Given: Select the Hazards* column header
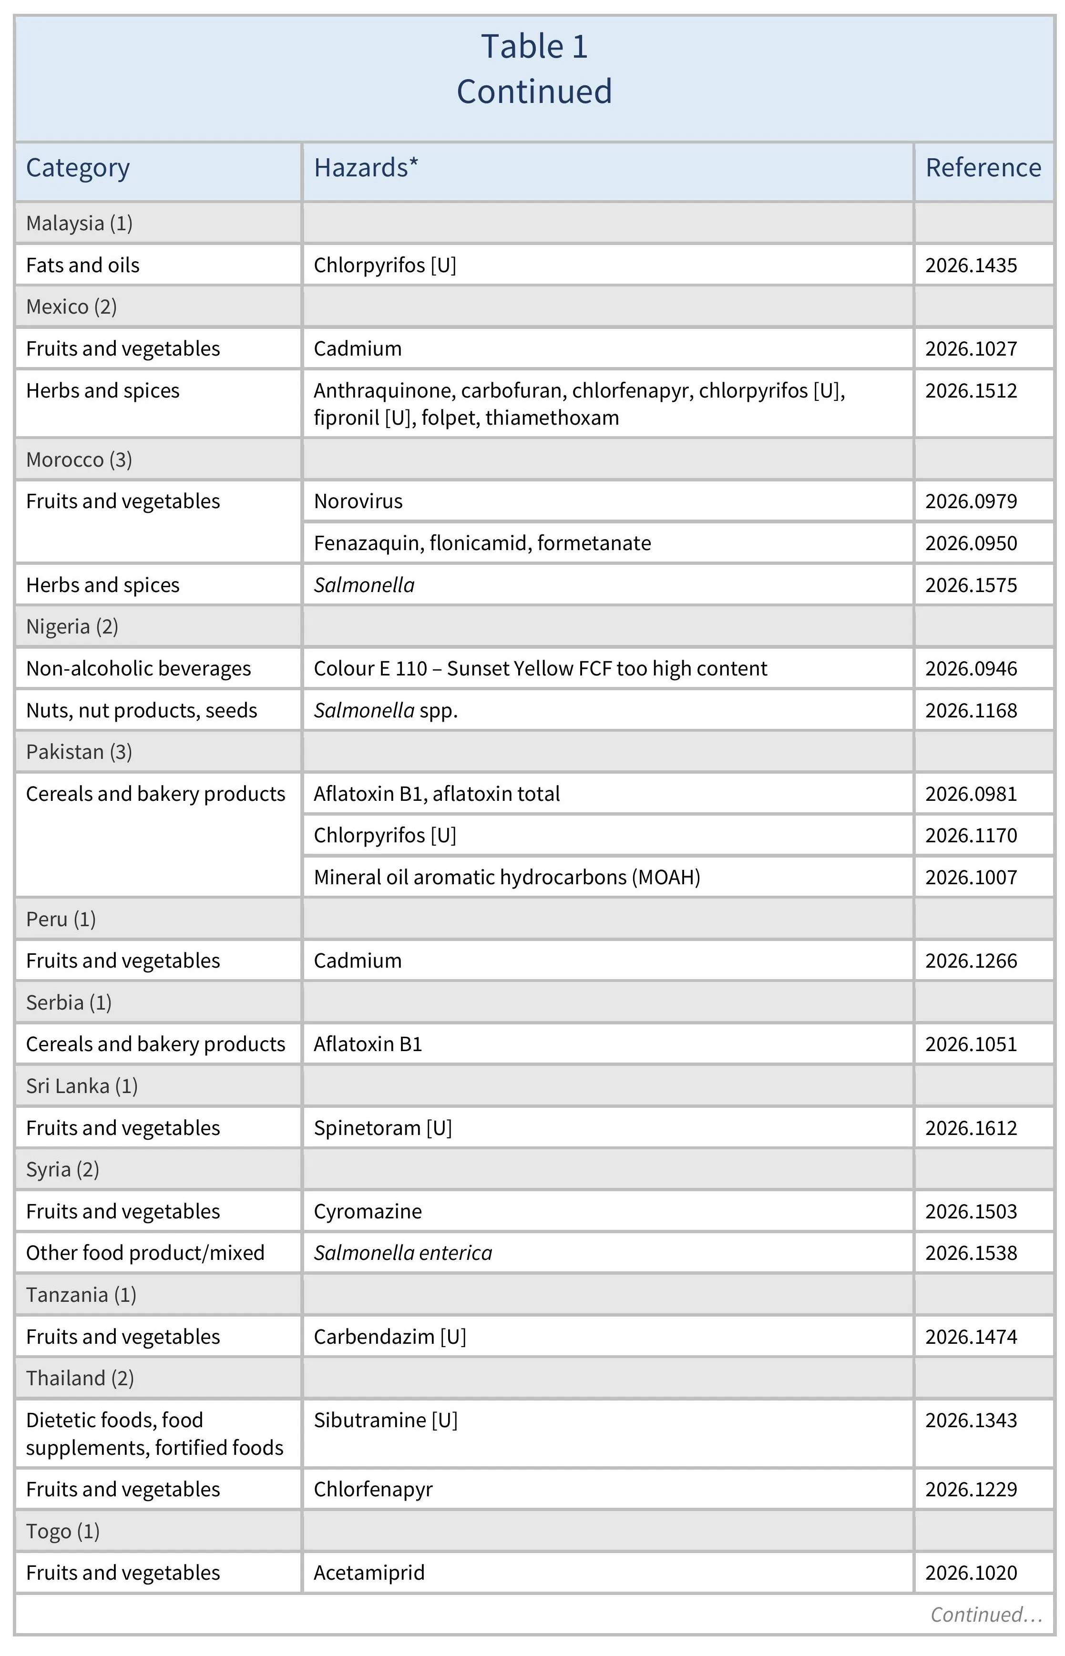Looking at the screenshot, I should pyautogui.click(x=366, y=168).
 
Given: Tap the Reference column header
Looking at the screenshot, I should pyautogui.click(x=983, y=168).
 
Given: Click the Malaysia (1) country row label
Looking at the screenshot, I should pyautogui.click(x=79, y=224).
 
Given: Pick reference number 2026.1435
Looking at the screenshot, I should pyautogui.click(x=971, y=266).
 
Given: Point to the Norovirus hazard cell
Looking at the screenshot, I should pyautogui.click(x=358, y=501).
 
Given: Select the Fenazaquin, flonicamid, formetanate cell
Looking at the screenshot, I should pyautogui.click(x=482, y=543).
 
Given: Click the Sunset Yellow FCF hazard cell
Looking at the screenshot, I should pyautogui.click(x=540, y=669).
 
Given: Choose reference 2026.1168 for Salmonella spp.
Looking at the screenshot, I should pyautogui.click(x=971, y=711).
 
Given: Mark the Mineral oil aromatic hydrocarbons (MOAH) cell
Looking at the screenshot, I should pyautogui.click(x=506, y=878).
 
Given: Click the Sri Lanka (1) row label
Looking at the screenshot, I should pyautogui.click(x=82, y=1086).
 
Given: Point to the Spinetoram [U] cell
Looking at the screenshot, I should pyautogui.click(x=382, y=1128).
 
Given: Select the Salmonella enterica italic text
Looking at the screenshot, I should pyautogui.click(x=402, y=1254).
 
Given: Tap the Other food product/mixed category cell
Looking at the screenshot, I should pyautogui.click(x=145, y=1254).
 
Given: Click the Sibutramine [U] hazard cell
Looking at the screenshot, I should pyautogui.click(x=385, y=1420).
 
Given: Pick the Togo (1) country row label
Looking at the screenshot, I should pyautogui.click(x=62, y=1532).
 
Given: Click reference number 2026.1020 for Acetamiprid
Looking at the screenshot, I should pyautogui.click(x=971, y=1573).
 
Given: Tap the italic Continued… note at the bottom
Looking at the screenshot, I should pyautogui.click(x=985, y=1615).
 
